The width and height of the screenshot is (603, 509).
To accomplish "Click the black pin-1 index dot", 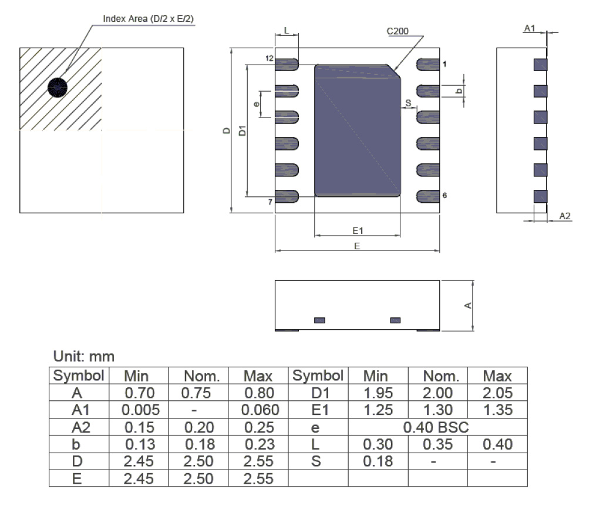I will (58, 88).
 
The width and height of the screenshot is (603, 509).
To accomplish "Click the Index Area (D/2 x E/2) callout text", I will (149, 19).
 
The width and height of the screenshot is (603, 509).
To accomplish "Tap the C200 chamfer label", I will (398, 31).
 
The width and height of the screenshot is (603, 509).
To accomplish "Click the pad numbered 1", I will (427, 63).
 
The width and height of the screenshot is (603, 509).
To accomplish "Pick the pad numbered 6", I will (427, 196).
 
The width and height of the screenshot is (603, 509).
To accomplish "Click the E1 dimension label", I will (358, 230).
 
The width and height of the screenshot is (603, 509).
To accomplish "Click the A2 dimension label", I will (565, 216).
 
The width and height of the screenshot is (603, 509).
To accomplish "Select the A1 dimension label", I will (530, 28).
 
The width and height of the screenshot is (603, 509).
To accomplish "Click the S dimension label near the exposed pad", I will (408, 103).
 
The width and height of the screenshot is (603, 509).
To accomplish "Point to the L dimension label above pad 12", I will (287, 29).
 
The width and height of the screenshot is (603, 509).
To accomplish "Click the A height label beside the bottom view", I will (468, 305).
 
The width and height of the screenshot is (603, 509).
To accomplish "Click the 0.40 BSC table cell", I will (436, 427).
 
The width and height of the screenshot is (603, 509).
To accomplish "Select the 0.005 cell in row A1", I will (138, 410).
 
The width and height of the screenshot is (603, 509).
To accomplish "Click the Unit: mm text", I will (83, 356).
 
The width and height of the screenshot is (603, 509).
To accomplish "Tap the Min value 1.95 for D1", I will (378, 393).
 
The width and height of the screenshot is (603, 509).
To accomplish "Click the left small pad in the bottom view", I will (320, 320).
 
